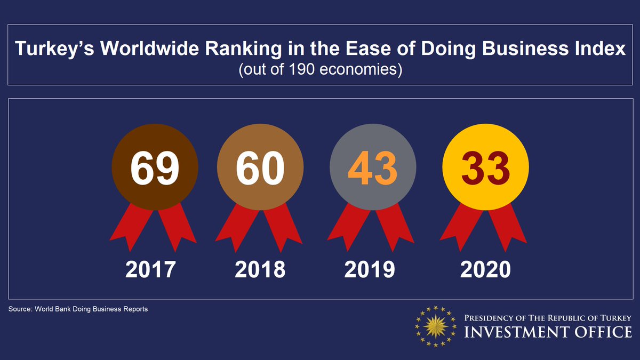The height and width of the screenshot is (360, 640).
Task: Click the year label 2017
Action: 150,270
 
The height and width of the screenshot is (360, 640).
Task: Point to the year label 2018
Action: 260,270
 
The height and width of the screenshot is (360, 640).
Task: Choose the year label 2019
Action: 370,270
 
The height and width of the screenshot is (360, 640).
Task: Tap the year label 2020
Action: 485,270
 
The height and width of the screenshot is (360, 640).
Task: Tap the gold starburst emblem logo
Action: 436,326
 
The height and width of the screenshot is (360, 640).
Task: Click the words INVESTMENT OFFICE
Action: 548,332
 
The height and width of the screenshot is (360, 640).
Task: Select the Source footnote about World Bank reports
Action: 78,309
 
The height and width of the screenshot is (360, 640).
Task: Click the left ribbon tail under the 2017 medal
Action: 127,229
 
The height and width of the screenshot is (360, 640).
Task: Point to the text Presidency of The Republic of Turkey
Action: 548,318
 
